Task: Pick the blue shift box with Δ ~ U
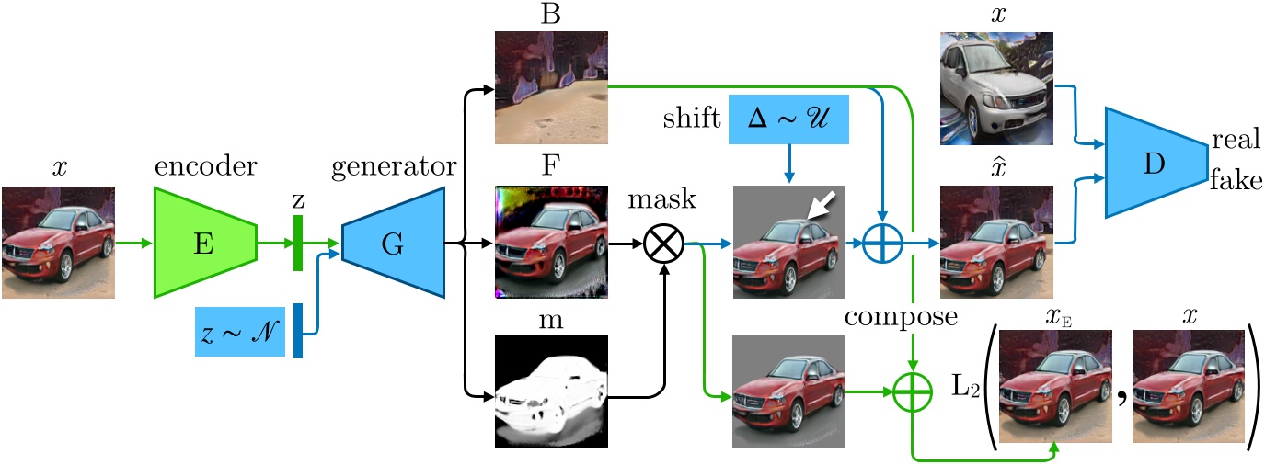click(x=788, y=119)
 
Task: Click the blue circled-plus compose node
click(x=881, y=245)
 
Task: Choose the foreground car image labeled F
click(x=551, y=242)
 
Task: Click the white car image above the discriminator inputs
click(x=996, y=88)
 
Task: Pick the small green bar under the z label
click(x=298, y=243)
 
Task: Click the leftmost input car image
click(x=59, y=243)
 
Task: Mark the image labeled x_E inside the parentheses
click(x=1054, y=390)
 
